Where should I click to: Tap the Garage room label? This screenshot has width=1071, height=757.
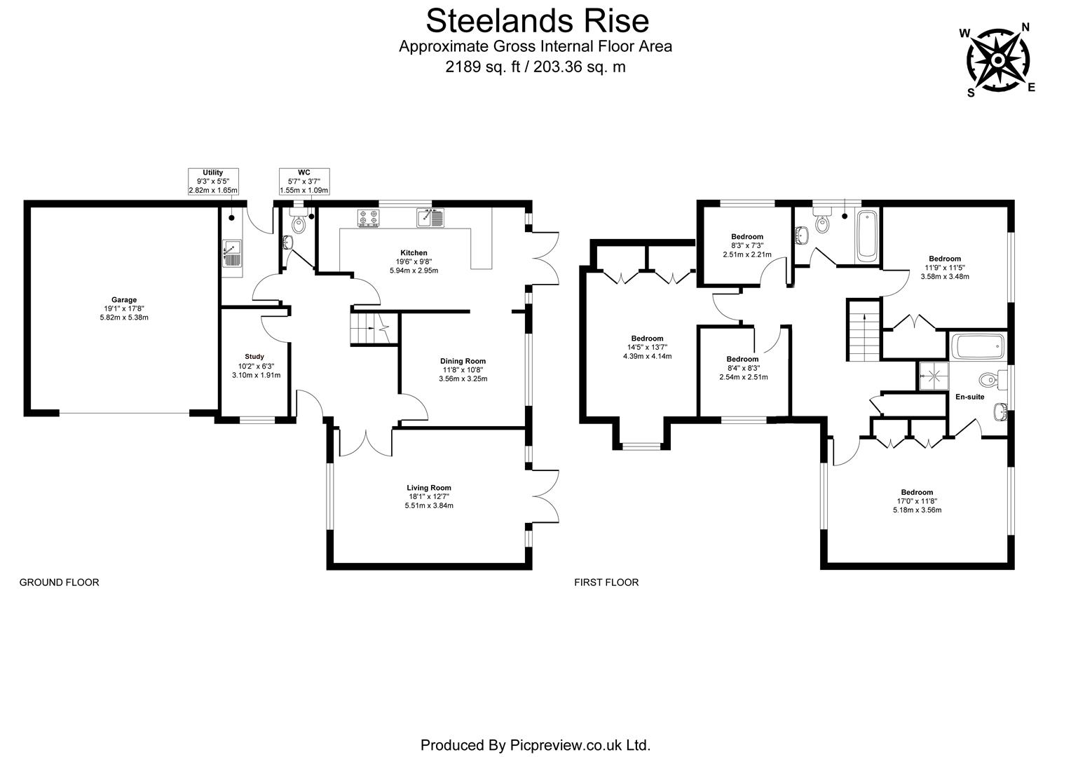click(x=124, y=300)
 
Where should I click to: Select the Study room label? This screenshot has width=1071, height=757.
click(x=254, y=356)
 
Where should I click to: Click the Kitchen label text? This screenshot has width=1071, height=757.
click(x=414, y=252)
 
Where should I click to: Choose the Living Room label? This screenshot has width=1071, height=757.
click(x=429, y=488)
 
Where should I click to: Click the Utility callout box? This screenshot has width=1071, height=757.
click(x=213, y=182)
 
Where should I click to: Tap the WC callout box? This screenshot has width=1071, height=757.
click(x=303, y=182)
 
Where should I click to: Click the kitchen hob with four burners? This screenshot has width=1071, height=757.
click(x=369, y=219)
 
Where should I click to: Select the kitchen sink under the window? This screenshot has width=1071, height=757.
click(x=430, y=219)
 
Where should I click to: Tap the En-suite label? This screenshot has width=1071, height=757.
click(x=969, y=397)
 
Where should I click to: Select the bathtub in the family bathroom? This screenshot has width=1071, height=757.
click(x=866, y=235)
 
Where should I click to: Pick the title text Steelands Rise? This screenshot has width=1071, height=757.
click(x=537, y=20)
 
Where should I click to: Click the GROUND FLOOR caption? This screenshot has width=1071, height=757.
click(x=59, y=582)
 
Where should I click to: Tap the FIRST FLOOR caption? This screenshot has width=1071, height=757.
click(x=606, y=582)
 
